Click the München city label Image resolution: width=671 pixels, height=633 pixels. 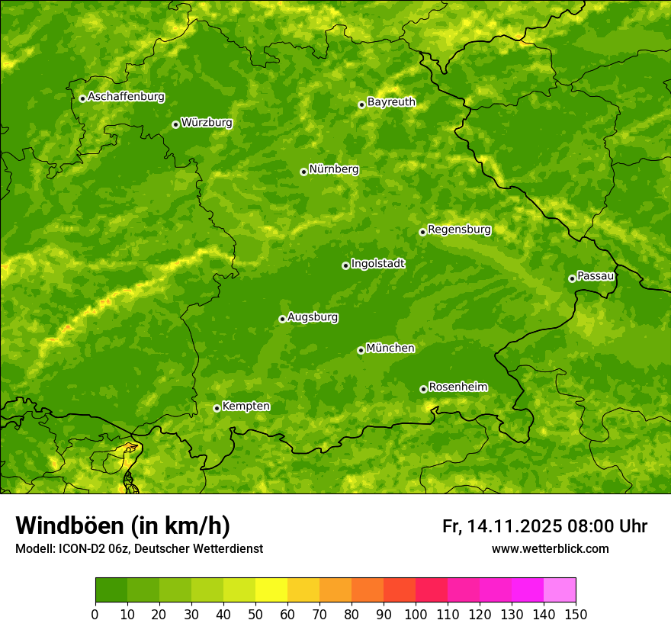pos(390,349)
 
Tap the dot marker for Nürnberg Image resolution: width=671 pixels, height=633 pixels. pos(303,172)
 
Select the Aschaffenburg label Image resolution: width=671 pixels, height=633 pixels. pos(126,97)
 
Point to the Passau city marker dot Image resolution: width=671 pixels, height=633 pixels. pos(572,278)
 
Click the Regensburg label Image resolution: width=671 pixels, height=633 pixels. pos(459,230)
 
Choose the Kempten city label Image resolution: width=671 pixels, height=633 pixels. pos(246,406)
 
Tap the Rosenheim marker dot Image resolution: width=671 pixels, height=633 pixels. pos(423,389)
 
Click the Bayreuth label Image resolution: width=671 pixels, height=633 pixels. pos(391,102)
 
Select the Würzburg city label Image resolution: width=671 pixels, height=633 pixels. pos(207,123)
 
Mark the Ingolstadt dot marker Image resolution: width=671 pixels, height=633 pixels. pos(345,265)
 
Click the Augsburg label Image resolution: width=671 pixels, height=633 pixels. pos(313,317)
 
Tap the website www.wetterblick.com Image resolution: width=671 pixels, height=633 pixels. pos(550,548)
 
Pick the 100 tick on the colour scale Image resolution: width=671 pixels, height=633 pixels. pos(416,614)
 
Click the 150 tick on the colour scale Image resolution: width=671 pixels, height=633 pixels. pos(576,614)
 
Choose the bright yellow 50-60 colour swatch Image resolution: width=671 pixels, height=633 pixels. pos(271,590)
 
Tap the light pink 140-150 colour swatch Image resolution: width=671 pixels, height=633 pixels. pos(560,590)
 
